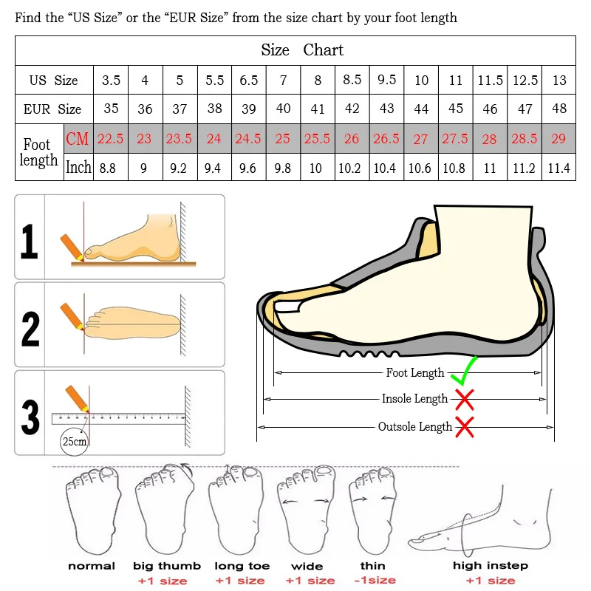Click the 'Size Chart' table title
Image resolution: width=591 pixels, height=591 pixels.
(302, 50)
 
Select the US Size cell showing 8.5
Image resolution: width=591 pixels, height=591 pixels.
(352, 80)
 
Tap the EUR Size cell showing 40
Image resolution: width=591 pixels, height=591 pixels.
(283, 109)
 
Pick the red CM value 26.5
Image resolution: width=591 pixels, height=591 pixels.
(386, 138)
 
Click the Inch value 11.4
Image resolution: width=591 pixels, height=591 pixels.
(558, 168)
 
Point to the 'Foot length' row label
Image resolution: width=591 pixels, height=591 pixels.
(39, 152)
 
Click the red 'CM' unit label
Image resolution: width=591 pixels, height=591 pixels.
(78, 138)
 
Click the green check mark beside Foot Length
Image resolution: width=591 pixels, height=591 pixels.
(463, 371)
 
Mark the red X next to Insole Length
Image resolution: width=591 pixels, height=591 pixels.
(464, 400)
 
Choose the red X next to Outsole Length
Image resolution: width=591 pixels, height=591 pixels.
(465, 426)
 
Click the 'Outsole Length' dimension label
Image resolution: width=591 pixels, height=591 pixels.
(414, 427)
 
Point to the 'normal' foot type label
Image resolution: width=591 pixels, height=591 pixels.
(92, 566)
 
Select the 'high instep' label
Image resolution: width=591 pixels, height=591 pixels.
(491, 566)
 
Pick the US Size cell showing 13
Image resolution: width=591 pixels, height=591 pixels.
(558, 80)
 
